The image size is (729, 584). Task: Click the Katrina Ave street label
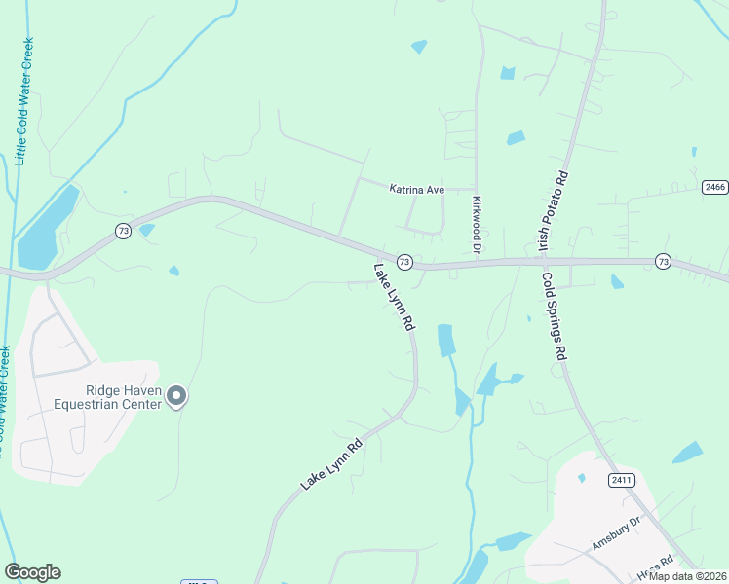[416, 189]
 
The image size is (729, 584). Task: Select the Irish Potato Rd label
[553, 208]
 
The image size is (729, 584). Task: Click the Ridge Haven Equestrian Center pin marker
[176, 395]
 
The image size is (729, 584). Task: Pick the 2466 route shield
[714, 187]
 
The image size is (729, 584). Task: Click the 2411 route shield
[621, 480]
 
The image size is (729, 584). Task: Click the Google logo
[32, 572]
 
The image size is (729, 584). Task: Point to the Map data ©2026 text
[688, 576]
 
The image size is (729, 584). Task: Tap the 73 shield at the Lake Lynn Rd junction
[404, 262]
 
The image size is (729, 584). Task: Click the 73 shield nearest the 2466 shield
[663, 261]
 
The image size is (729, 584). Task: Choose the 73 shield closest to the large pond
[122, 231]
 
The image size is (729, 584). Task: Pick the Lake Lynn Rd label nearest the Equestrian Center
[331, 463]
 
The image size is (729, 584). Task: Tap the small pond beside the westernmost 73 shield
[147, 231]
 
